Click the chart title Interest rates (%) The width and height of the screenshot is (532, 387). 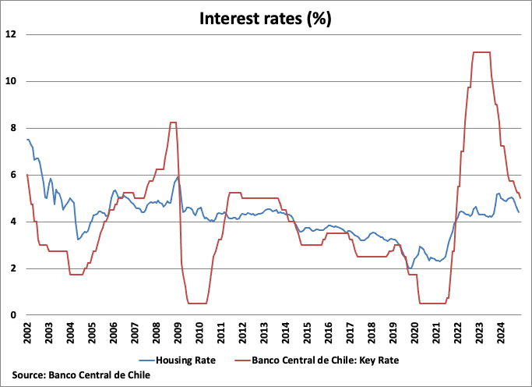(266, 19)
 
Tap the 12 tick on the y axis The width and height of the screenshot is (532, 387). (11, 34)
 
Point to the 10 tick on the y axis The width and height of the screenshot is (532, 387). (11, 81)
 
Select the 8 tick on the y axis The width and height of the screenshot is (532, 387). (13, 128)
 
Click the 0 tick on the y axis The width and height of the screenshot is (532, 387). (13, 315)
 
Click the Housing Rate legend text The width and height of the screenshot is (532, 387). (185, 360)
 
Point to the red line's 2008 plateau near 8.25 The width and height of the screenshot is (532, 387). (173, 122)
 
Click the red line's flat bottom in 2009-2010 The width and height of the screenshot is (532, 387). (197, 304)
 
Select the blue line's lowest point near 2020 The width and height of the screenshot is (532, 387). (410, 268)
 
